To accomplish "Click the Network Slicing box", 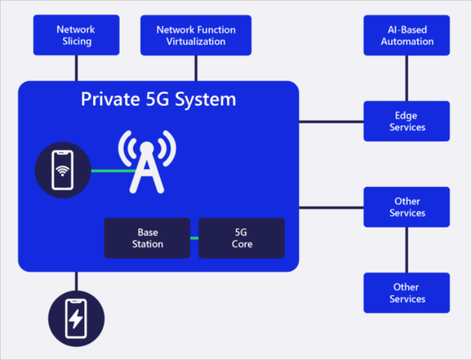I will pos(76,35).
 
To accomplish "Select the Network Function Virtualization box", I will pos(196,35).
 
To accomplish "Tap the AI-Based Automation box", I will pos(407,35).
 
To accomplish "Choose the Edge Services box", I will pos(407,121).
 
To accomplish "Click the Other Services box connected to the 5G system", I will pos(407,207).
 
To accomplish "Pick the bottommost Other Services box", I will pos(407,293).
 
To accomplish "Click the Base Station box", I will pos(147,238).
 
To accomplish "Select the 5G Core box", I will pos(242,238).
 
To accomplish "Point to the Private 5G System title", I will pos(158,99).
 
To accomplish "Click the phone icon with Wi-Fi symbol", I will pos(62,171).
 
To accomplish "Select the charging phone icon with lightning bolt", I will pos(76,318).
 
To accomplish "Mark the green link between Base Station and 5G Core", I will pos(194,238).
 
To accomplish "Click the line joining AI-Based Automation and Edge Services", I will pos(407,78).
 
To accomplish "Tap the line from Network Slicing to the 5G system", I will pos(76,68).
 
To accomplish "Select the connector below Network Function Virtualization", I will pos(196,68).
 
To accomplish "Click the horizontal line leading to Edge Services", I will pos(331,122).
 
